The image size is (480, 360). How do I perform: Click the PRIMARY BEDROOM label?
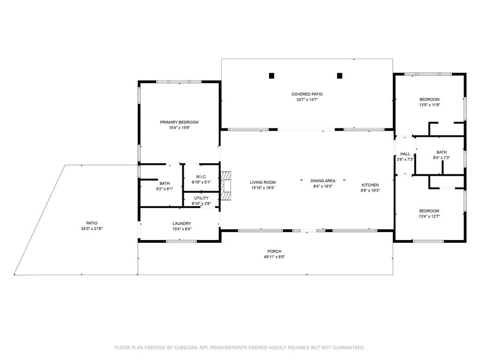point(179,122)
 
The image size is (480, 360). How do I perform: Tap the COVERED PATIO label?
point(307,94)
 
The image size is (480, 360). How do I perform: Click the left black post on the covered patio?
point(271,75)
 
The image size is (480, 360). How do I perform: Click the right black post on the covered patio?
point(340,75)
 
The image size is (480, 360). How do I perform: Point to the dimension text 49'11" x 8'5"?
point(274,257)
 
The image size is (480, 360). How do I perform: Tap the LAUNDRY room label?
point(181,224)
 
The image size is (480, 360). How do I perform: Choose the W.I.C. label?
point(201,177)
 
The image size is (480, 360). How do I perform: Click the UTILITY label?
point(201,198)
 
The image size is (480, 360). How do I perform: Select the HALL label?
point(405,154)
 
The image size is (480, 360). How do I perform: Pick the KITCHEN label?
point(369,185)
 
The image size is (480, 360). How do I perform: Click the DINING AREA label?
point(322,181)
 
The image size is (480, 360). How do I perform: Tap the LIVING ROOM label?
point(262,182)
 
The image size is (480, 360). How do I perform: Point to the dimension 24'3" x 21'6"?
point(91,229)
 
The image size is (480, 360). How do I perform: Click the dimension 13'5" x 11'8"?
point(429,105)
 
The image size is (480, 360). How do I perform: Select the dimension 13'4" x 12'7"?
point(429,217)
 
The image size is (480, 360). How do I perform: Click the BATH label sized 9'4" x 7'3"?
point(442,152)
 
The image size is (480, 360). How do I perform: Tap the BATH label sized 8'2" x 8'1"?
point(164,183)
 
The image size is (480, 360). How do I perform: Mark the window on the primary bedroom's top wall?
point(179,82)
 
